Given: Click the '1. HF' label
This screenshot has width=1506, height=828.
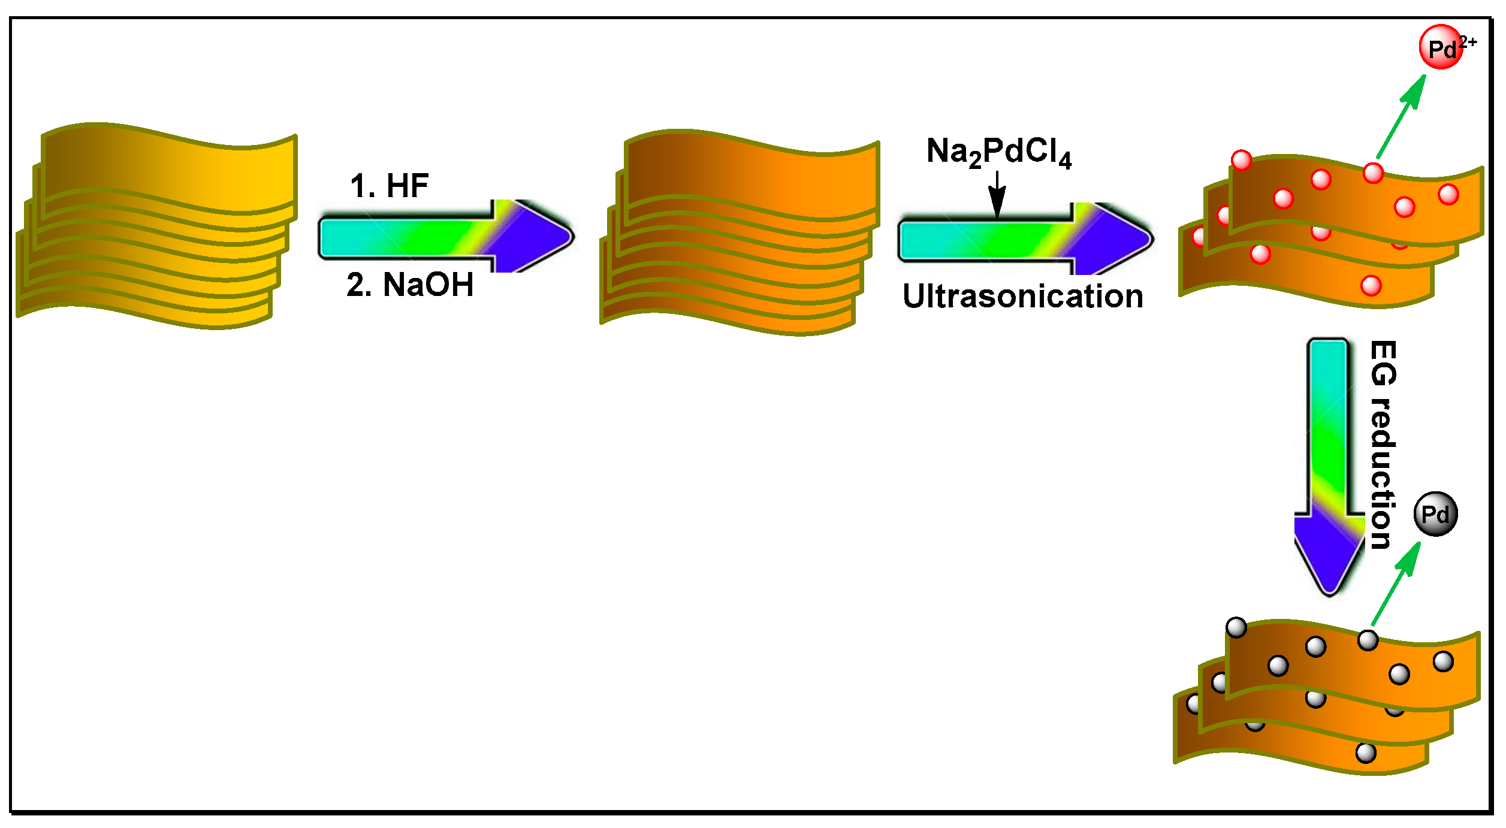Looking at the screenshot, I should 390,186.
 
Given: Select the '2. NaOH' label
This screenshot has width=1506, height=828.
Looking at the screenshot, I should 410,285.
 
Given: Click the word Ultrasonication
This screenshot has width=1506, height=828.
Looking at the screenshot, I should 1023,297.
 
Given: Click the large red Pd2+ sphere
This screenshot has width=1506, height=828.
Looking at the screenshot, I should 1441,47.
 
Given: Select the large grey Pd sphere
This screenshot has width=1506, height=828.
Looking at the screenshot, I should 1435,513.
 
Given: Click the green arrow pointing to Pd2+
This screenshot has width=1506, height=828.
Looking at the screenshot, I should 1401,117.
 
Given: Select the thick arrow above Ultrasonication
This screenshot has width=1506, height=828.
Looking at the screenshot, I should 1025,239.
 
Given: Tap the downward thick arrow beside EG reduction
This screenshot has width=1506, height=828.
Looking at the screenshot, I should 1329,467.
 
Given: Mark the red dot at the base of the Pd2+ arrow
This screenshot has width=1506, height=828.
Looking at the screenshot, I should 1373,173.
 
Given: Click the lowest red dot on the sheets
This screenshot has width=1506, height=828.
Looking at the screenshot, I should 1371,286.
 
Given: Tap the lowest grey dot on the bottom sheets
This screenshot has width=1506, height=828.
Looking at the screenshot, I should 1366,753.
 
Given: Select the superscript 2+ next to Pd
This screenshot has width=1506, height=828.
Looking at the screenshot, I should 1468,42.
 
